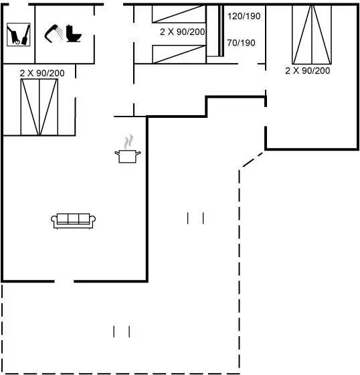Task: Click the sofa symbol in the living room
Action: pyautogui.click(x=73, y=221)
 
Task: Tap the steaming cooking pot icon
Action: pyautogui.click(x=128, y=149)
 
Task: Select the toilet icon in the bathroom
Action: pyautogui.click(x=74, y=33)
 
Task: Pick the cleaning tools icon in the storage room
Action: pyautogui.click(x=19, y=34)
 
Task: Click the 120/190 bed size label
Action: pyautogui.click(x=244, y=16)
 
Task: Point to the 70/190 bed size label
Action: pyautogui.click(x=241, y=43)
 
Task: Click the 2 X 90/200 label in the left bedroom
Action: pyautogui.click(x=42, y=73)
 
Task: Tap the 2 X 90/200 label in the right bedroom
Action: pyautogui.click(x=307, y=70)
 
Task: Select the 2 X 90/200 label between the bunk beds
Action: pyautogui.click(x=183, y=32)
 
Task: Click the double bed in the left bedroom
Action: pyautogui.click(x=39, y=107)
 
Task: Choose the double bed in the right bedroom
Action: pyautogui.click(x=312, y=35)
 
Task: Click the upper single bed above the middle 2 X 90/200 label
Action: pyautogui.click(x=179, y=14)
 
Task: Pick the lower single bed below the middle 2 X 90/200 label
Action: pyautogui.click(x=179, y=54)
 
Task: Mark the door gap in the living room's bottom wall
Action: pyautogui.click(x=64, y=281)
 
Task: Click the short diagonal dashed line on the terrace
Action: pyautogui.click(x=253, y=159)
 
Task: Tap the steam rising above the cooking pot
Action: pyautogui.click(x=128, y=141)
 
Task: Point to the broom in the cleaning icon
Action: pyautogui.click(x=26, y=35)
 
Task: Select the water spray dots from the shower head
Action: pyautogui.click(x=60, y=33)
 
